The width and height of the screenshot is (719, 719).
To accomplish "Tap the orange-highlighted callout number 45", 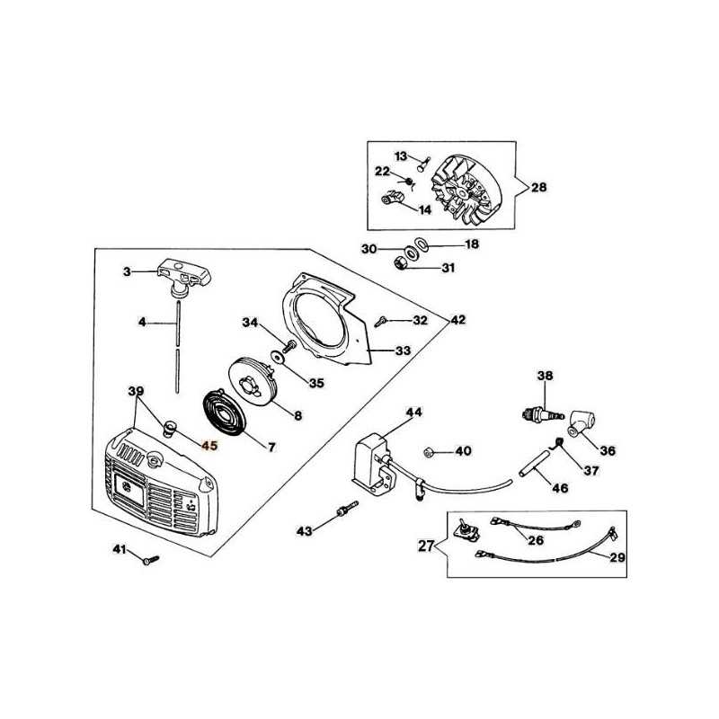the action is [209, 445].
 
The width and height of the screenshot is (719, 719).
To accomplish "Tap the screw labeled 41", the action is [151, 560].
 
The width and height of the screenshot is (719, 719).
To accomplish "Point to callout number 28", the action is [539, 187].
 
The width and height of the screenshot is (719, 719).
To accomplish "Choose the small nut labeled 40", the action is [429, 453].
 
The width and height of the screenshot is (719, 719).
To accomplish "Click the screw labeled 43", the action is [348, 509].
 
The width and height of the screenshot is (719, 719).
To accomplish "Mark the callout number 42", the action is [457, 319].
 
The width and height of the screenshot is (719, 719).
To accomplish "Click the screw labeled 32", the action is [381, 322].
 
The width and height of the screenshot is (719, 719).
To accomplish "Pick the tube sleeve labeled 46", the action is [534, 464].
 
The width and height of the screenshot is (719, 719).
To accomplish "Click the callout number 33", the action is [403, 351].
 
